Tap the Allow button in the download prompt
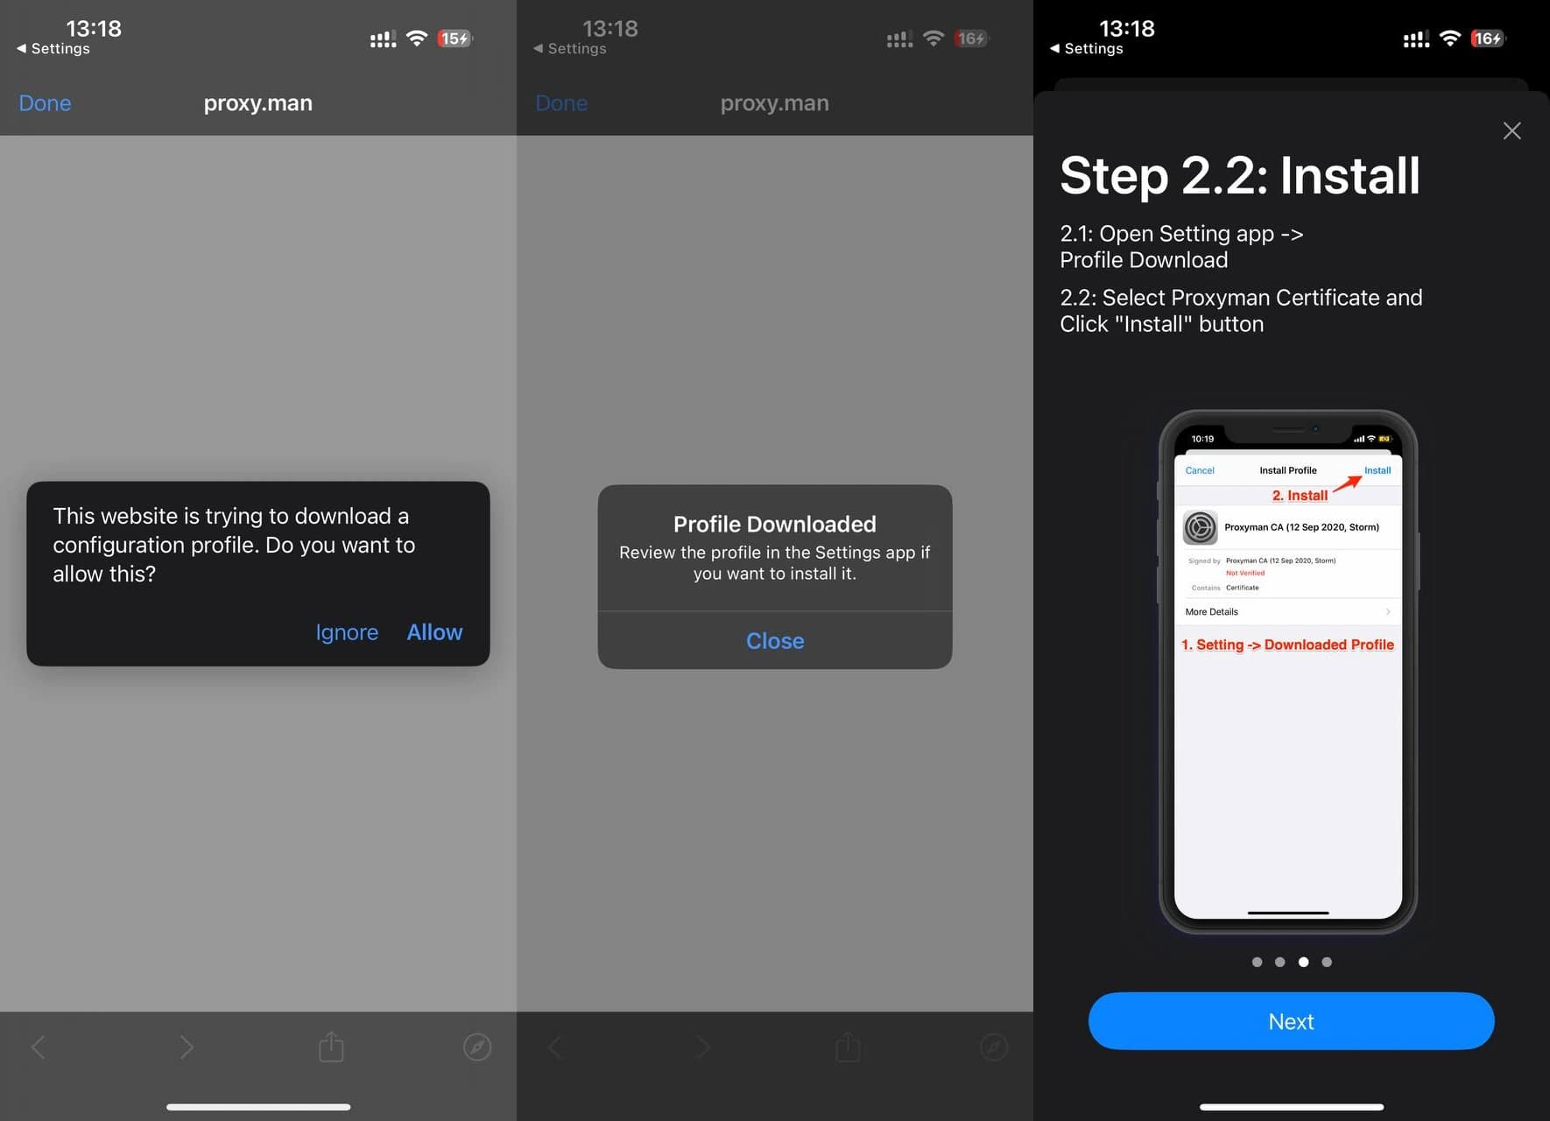(434, 632)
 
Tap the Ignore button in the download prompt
(347, 632)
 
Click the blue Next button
(1291, 1021)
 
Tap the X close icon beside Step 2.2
(1511, 131)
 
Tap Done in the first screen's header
(45, 103)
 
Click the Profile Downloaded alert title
(774, 524)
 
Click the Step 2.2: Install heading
(1240, 175)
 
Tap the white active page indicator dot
(1303, 962)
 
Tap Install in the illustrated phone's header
(1377, 470)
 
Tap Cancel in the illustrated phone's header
(1200, 470)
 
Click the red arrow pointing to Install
(1348, 484)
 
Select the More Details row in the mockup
(1287, 611)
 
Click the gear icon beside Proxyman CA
(1201, 527)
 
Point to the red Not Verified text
(1245, 573)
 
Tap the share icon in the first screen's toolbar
(331, 1047)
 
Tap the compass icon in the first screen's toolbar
(477, 1047)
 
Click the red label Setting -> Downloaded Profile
(1287, 645)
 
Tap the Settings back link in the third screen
(1086, 49)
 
